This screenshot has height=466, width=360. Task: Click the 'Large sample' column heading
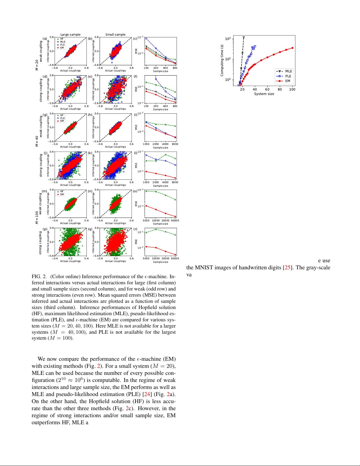click(70, 34)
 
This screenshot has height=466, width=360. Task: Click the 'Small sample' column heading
click(115, 34)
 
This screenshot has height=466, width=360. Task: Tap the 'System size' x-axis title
click(264, 94)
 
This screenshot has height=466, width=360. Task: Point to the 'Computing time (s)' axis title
click(222, 60)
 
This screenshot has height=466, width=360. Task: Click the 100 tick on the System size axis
click(292, 89)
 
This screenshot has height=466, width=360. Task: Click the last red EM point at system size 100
click(292, 48)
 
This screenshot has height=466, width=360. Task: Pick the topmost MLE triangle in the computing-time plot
click(244, 38)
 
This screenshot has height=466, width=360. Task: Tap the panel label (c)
click(135, 39)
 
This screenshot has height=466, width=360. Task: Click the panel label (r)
click(135, 229)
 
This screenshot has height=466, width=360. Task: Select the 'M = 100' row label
click(37, 217)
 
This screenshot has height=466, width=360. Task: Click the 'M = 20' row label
click(37, 65)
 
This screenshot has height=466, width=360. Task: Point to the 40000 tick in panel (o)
click(175, 221)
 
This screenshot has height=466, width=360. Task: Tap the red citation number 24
click(147, 394)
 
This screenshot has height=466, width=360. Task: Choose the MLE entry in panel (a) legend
click(63, 42)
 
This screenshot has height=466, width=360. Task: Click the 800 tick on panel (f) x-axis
click(175, 106)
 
